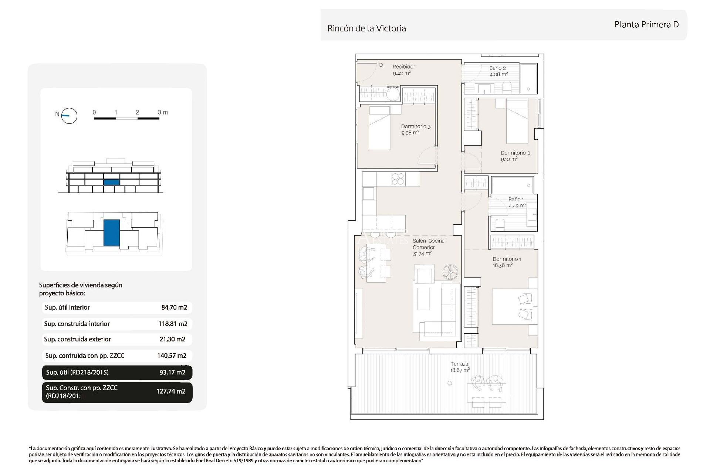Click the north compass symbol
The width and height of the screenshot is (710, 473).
pyautogui.click(x=69, y=116)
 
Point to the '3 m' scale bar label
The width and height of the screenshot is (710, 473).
pyautogui.click(x=163, y=112)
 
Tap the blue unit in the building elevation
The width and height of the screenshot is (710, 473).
pyautogui.click(x=111, y=182)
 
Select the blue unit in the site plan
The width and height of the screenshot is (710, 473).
pyautogui.click(x=111, y=233)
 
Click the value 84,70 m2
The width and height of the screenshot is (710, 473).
pyautogui.click(x=174, y=307)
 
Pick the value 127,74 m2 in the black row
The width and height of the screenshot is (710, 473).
pyautogui.click(x=171, y=391)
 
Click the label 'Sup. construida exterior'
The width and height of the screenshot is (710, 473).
pyautogui.click(x=77, y=339)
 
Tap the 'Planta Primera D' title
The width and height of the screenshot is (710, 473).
pyautogui.click(x=646, y=25)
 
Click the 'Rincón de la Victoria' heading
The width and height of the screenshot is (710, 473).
pyautogui.click(x=366, y=28)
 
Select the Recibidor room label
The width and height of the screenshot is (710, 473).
pyautogui.click(x=403, y=70)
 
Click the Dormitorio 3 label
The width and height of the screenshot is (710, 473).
pyautogui.click(x=416, y=129)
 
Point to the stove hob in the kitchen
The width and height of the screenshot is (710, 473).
pyautogui.click(x=398, y=179)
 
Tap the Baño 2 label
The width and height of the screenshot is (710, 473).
pyautogui.click(x=498, y=71)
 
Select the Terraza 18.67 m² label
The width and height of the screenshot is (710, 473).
pyautogui.click(x=460, y=367)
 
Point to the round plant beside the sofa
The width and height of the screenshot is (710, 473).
pyautogui.click(x=450, y=272)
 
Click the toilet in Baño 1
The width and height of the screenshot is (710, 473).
pyautogui.click(x=500, y=224)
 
